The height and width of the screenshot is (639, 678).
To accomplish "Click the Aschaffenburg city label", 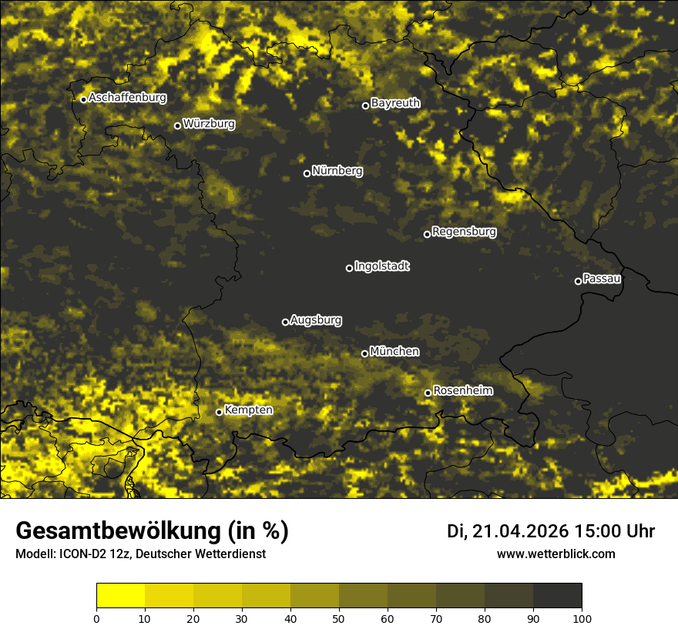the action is point(127,98).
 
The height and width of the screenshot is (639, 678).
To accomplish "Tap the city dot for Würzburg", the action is point(177,125).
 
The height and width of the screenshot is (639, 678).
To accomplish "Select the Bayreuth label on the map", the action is point(395,102).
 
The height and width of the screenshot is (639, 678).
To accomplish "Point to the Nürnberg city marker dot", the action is point(307,173).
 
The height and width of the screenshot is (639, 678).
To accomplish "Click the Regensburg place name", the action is point(464,231).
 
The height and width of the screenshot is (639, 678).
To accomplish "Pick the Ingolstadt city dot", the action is point(349,268).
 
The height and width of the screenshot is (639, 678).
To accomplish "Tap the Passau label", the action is point(602,278).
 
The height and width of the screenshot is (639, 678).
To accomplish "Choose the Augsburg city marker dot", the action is point(285,322).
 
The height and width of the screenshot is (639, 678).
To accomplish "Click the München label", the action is point(394,351).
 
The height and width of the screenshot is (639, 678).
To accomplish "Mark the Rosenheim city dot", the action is point(428,393).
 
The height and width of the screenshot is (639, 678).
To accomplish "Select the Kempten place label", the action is point(248,410).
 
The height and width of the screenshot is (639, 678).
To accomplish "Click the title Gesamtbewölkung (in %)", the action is point(152,531).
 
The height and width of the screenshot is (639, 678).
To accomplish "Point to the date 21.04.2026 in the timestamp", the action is point(520,531).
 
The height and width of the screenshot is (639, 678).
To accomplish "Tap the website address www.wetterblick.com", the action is point(555,554).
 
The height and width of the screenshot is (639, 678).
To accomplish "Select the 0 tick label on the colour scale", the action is point(96,617).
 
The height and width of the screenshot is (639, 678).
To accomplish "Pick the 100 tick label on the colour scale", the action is point(581,617).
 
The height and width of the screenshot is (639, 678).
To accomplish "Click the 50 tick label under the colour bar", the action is point(339,617).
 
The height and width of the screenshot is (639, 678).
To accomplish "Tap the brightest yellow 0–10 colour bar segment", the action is point(120,596).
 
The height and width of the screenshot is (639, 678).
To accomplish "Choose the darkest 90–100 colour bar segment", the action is point(557,596).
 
